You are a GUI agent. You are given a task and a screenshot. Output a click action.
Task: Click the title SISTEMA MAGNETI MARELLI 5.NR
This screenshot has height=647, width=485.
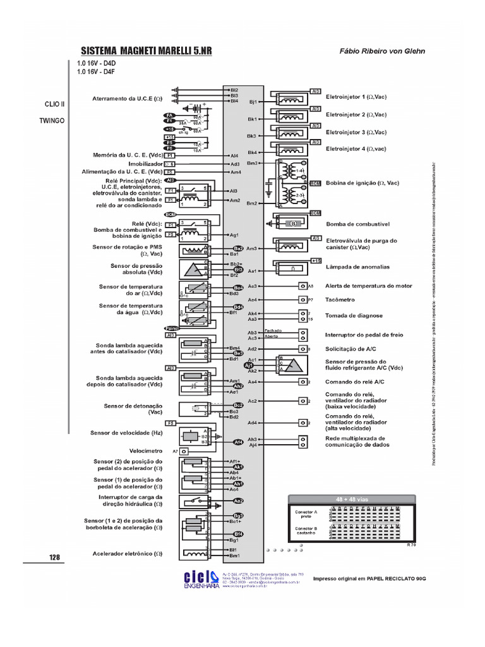[x=147, y=51]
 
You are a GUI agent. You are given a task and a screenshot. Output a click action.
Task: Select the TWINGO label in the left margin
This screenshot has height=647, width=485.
[x=52, y=119]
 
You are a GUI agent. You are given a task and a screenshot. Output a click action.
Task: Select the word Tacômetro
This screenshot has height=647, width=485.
[x=340, y=299]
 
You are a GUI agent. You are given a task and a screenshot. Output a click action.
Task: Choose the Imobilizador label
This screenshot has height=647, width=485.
[x=145, y=164]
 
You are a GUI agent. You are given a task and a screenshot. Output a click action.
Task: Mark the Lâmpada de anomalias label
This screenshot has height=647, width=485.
[x=357, y=267]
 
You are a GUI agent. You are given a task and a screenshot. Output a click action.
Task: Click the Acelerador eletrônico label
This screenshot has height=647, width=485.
[x=127, y=553]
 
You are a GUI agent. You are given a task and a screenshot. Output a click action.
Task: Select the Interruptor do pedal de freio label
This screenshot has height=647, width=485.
[x=364, y=335]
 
